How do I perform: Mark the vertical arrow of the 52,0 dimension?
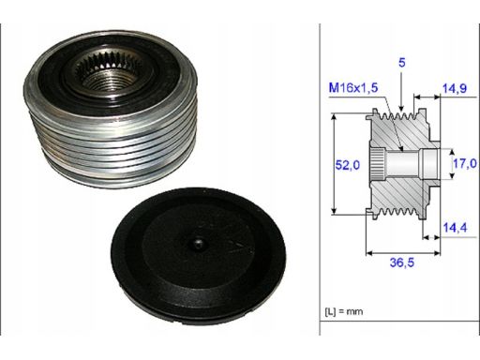coord(335,165)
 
